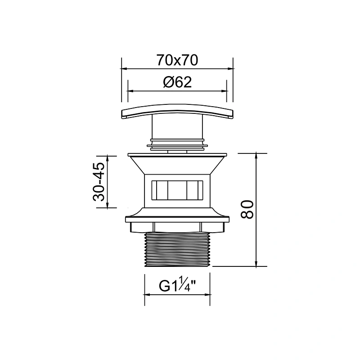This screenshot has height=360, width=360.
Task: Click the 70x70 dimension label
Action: pos(177,60)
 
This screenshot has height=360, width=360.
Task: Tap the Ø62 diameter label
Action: pos(177,82)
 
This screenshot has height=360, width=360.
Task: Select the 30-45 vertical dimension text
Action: pos(99,182)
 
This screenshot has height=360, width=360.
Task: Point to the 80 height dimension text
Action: pos(247,209)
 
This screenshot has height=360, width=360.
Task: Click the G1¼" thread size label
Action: pos(177,285)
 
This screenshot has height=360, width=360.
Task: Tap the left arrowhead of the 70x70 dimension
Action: pos(124,68)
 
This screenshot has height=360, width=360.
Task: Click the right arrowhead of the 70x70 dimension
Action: pos(230,68)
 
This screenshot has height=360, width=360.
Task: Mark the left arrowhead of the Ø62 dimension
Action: pos(130,91)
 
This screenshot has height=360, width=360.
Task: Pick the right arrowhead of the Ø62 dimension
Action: pos(224,91)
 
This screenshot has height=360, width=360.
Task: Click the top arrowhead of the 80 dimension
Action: pos(256,156)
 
